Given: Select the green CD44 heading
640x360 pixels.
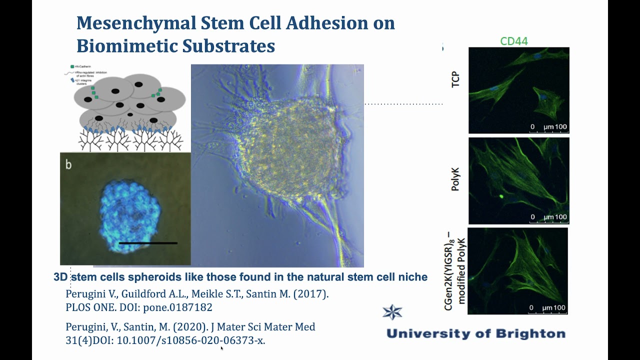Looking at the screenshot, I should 514,41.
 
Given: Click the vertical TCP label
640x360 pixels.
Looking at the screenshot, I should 455,80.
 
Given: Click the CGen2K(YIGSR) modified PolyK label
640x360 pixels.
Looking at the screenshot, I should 455,271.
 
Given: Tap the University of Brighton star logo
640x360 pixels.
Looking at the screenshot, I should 392,312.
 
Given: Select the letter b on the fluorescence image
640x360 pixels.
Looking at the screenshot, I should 68,164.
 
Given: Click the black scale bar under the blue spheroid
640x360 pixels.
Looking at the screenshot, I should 148,243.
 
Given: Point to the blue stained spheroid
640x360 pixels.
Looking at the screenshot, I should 129,210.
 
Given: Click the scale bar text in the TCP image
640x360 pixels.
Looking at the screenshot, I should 549,127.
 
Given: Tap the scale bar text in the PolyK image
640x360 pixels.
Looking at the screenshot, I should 549,217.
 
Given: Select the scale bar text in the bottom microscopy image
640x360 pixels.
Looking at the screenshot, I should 548,307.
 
